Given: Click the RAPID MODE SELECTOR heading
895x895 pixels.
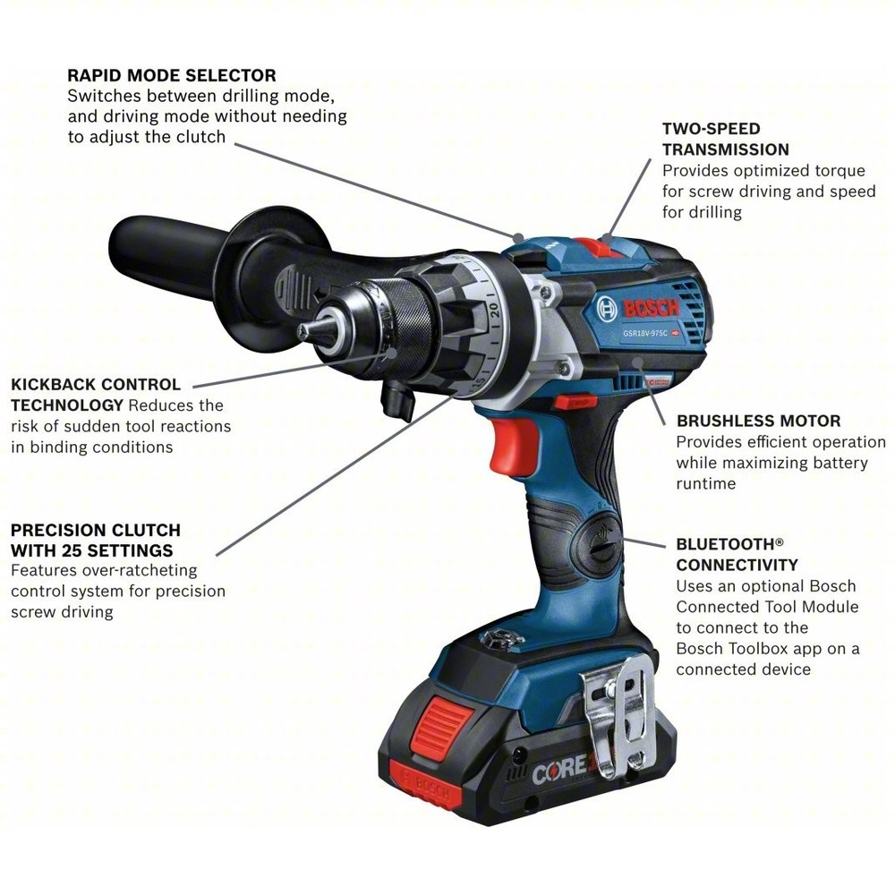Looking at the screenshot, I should click(172, 75).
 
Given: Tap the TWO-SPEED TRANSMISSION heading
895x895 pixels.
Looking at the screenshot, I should click(725, 139).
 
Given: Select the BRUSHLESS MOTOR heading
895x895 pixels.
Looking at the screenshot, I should click(758, 421).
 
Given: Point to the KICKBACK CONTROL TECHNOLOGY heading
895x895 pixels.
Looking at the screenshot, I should click(95, 395).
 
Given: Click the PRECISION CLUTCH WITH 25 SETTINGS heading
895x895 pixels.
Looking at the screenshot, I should click(95, 540).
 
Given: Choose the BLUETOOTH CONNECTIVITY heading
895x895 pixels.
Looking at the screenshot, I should click(737, 554).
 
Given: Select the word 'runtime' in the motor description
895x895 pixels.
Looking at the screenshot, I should click(706, 483).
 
